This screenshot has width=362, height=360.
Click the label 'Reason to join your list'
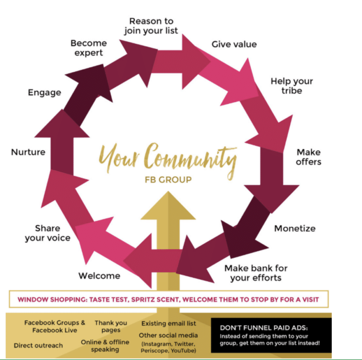point(151,26)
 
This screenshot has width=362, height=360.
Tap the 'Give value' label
point(234,44)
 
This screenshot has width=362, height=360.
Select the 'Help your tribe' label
point(292,86)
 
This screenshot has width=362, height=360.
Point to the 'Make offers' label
point(309,157)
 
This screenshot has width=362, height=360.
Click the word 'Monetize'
point(295,228)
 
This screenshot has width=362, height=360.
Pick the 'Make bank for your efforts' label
point(256,273)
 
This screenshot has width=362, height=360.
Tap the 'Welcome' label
point(99,275)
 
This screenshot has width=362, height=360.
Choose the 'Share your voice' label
point(47,233)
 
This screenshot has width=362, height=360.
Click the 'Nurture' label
point(28,152)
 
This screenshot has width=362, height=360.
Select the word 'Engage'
point(45,93)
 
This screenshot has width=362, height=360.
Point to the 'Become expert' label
point(88,48)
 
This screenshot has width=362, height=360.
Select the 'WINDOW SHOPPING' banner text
point(168,299)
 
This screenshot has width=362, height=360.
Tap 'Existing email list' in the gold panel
point(169,323)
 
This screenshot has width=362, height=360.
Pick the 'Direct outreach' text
point(38,345)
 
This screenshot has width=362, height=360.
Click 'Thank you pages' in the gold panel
point(111,326)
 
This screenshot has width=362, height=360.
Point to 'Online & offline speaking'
point(105,345)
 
